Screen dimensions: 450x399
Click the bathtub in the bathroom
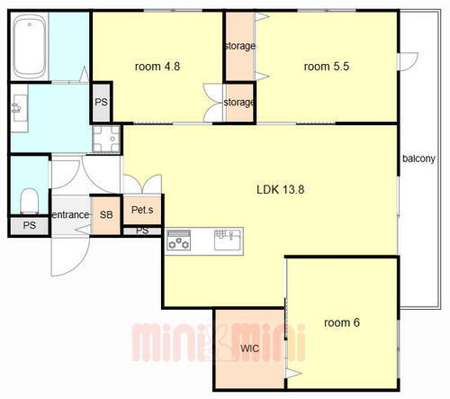click(x=30, y=46)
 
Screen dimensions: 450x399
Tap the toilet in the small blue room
click(x=30, y=201)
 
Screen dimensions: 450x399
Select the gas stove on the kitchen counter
click(x=179, y=240)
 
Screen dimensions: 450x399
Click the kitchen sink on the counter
click(x=228, y=240)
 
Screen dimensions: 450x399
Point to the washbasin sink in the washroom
click(x=19, y=108)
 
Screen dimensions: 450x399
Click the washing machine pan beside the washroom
click(x=106, y=139)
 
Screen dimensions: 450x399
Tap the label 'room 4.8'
click(x=157, y=67)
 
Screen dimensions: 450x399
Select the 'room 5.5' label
click(x=327, y=67)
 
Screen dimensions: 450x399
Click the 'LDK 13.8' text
click(x=281, y=189)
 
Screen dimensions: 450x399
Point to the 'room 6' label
click(x=342, y=322)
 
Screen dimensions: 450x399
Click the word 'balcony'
click(x=418, y=159)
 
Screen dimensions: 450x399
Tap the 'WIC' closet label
click(x=249, y=349)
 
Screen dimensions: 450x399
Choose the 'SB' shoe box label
click(x=106, y=214)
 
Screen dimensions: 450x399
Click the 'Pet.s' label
click(x=142, y=210)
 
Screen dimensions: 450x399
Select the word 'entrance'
click(x=71, y=214)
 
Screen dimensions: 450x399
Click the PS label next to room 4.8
click(x=101, y=102)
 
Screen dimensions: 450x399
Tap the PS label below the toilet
click(x=30, y=225)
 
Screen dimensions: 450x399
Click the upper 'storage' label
click(x=240, y=46)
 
